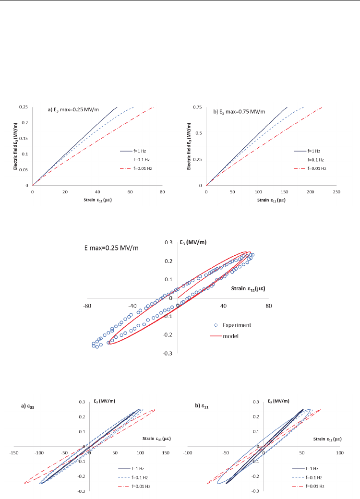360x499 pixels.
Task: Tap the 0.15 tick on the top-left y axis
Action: pos(24,138)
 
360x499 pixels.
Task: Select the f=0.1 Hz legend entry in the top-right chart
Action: pos(313,159)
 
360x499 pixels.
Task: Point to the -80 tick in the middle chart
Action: pos(87,305)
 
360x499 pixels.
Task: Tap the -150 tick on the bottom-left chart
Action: pos(13,452)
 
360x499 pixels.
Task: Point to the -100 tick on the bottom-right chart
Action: pos(187,452)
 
